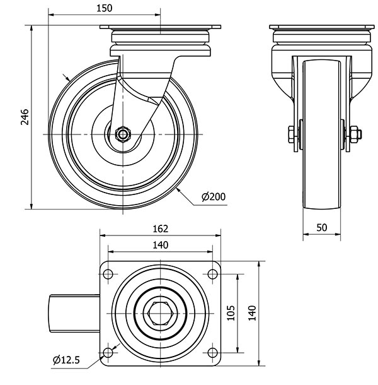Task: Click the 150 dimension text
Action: (105, 8)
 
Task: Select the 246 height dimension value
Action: (25, 117)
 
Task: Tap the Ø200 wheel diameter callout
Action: (213, 197)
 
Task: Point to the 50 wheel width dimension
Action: (321, 228)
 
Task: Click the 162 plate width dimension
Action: (160, 231)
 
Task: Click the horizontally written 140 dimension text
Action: (160, 246)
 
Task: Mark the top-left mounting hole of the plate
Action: (108, 274)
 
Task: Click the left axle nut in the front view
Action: (290, 134)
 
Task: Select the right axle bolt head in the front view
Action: (354, 134)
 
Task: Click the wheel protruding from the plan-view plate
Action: (74, 313)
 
